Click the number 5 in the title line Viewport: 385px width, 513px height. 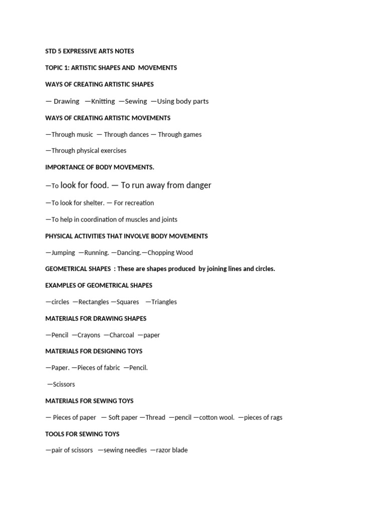pyautogui.click(x=60, y=51)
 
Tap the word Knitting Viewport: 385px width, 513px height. pyautogui.click(x=103, y=101)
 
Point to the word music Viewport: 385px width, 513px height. pyautogui.click(x=83, y=134)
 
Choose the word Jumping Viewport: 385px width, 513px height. pyautogui.click(x=63, y=252)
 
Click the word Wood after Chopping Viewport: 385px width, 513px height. pyautogui.click(x=184, y=252)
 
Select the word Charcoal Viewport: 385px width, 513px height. pyautogui.click(x=122, y=335)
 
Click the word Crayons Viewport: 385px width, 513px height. pyautogui.click(x=89, y=335)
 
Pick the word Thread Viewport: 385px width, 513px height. pyautogui.click(x=155, y=417)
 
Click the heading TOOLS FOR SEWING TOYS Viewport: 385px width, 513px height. pyautogui.click(x=82, y=434)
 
